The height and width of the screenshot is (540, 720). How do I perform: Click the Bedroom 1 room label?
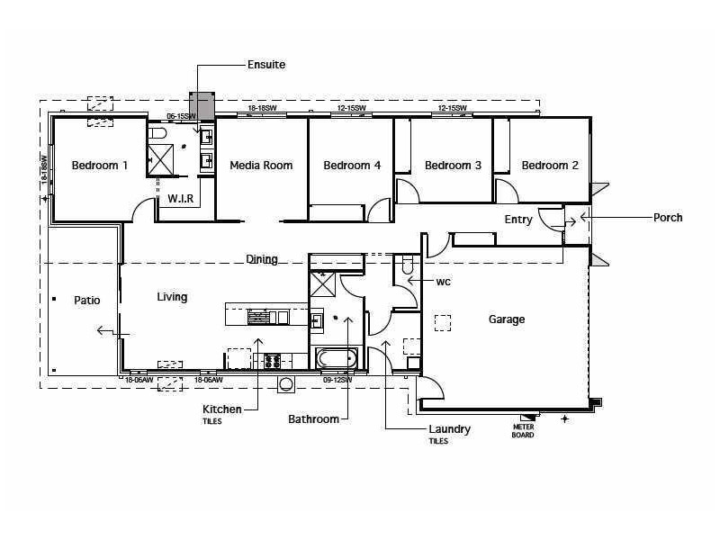click(x=100, y=166)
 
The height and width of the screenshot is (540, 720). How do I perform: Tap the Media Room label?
click(x=261, y=166)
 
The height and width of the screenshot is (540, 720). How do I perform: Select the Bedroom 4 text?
click(x=352, y=166)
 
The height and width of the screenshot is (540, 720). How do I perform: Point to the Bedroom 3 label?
click(x=453, y=166)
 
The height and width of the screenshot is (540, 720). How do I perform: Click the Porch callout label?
click(x=668, y=217)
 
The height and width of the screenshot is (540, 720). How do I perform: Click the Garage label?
click(x=507, y=319)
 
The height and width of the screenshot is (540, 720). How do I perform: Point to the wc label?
click(x=443, y=281)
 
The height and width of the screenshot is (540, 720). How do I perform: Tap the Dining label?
click(x=262, y=259)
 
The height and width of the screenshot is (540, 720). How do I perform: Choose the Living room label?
click(x=172, y=297)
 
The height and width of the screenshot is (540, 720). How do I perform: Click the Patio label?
click(x=87, y=301)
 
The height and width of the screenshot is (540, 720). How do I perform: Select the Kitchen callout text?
click(x=221, y=409)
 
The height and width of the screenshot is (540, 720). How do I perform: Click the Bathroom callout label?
click(x=313, y=419)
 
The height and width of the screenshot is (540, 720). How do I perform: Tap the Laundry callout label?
click(x=449, y=429)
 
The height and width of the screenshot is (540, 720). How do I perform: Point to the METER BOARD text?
click(x=523, y=431)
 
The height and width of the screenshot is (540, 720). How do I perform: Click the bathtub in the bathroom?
click(x=337, y=359)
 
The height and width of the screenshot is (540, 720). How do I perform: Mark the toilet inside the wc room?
click(x=407, y=265)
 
